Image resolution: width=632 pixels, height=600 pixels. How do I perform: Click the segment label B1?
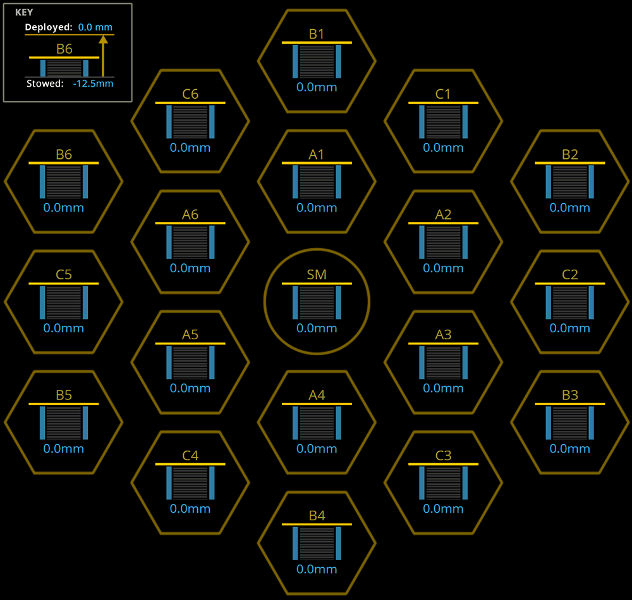click(317, 34)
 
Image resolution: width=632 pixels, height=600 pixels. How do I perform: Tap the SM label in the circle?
click(317, 275)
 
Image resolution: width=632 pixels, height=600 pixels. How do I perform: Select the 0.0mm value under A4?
click(317, 449)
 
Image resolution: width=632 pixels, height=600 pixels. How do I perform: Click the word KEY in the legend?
click(24, 12)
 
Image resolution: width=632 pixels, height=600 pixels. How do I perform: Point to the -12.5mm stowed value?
click(93, 84)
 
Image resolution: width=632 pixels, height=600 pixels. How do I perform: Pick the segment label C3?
click(443, 456)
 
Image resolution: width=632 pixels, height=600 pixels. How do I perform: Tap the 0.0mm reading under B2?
click(569, 208)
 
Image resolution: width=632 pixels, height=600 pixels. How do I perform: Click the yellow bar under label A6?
click(190, 223)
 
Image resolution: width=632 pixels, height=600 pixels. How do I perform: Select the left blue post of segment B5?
click(42, 422)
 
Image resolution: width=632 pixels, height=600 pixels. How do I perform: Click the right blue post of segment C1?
click(465, 122)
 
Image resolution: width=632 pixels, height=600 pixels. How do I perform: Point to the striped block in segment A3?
click(443, 363)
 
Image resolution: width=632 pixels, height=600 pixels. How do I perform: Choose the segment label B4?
click(317, 516)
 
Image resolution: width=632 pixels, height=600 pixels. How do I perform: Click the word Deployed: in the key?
click(49, 27)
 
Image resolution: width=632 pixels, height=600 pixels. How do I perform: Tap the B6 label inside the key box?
click(64, 49)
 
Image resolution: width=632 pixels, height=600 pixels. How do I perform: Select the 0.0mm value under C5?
click(64, 328)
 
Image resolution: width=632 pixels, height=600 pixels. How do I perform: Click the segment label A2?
click(443, 215)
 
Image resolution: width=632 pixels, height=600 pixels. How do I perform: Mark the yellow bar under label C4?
click(190, 465)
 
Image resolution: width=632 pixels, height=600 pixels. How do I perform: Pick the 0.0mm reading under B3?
click(569, 449)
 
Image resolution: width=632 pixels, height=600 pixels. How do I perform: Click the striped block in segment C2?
click(569, 303)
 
